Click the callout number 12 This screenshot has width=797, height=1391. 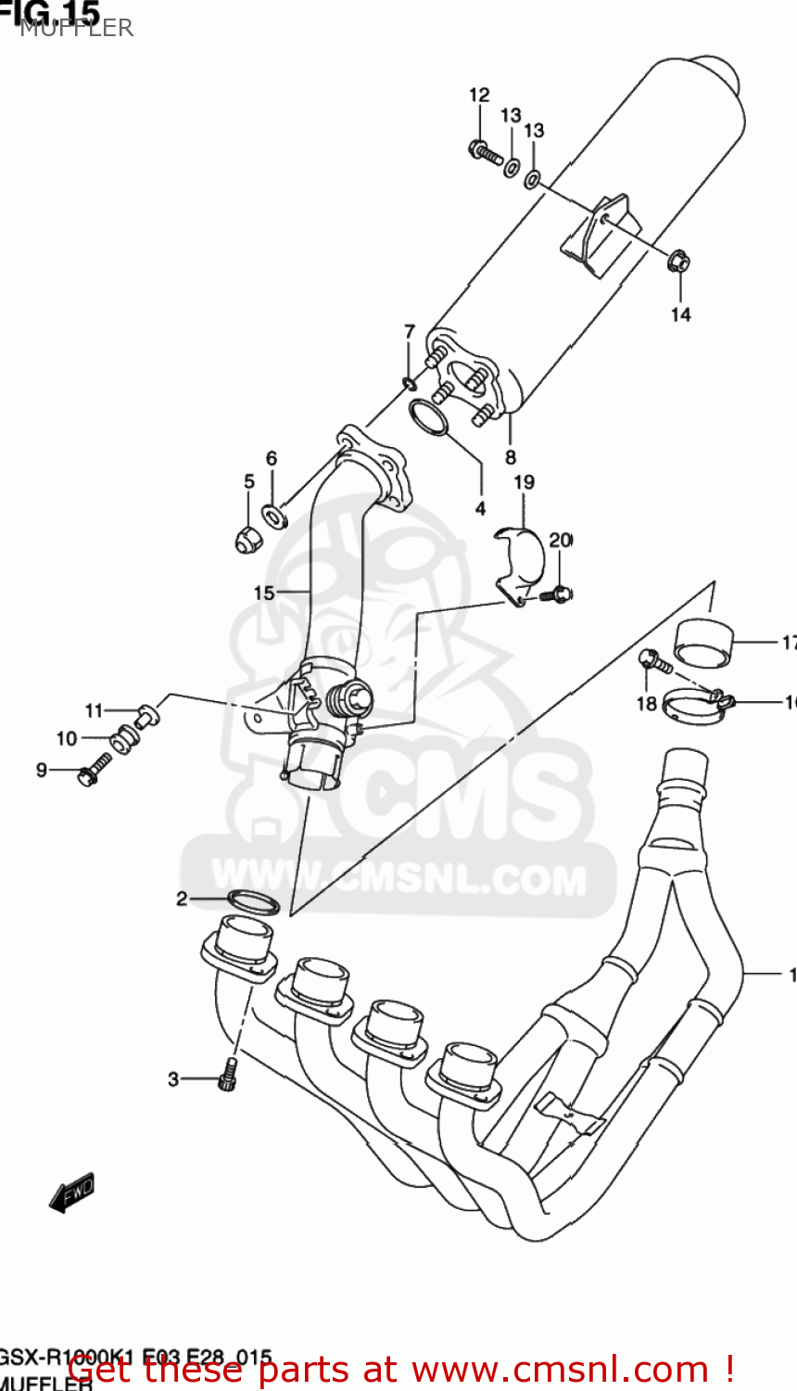click(478, 96)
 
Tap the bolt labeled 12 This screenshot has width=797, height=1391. click(486, 152)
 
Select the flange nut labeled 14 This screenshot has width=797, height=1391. click(677, 262)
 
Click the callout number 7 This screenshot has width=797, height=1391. click(409, 332)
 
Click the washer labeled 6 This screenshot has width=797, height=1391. click(274, 515)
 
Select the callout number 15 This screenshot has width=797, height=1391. click(263, 593)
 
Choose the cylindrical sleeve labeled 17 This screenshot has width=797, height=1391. click(702, 642)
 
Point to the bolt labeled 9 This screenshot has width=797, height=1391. click(94, 771)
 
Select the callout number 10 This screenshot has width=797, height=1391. click(67, 738)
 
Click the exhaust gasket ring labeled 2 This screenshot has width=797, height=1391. click(253, 901)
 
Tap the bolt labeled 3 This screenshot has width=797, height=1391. click(228, 1077)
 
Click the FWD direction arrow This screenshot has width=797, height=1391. click(72, 1193)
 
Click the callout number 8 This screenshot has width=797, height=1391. click(511, 457)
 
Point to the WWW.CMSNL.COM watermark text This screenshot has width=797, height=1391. click(398, 876)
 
